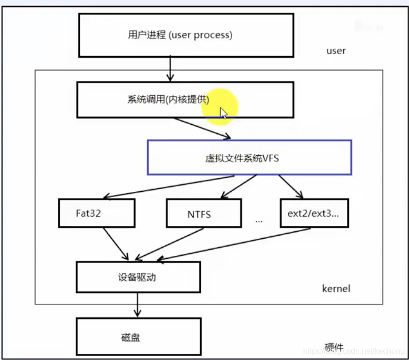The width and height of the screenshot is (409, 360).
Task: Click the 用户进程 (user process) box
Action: tap(186, 35)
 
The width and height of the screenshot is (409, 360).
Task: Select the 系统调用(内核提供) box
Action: tap(185, 100)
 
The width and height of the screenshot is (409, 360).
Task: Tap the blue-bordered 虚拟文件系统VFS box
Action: tap(249, 157)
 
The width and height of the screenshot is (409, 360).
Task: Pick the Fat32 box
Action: tap(97, 213)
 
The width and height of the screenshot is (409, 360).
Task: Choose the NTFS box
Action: tap(204, 213)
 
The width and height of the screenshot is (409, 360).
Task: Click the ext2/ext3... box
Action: tap(314, 213)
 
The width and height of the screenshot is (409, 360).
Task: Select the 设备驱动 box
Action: tap(138, 277)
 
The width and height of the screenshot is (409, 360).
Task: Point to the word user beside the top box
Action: tap(336, 51)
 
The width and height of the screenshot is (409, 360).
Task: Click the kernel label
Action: tap(336, 288)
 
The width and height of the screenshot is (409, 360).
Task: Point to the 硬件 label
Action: tap(335, 347)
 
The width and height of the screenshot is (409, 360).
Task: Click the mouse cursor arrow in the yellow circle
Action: tap(223, 113)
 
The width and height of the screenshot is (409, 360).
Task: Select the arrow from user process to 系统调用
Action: tap(170, 69)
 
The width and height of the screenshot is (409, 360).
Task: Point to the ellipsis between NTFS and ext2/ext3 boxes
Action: tap(259, 221)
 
